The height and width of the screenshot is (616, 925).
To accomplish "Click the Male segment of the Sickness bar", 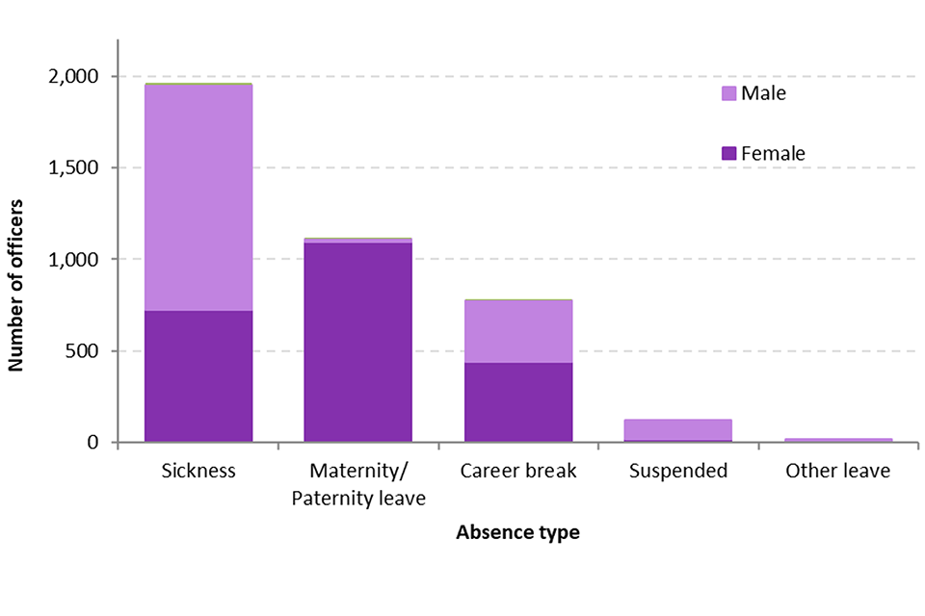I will [198, 197].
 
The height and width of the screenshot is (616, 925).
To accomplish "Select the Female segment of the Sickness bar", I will [198, 376].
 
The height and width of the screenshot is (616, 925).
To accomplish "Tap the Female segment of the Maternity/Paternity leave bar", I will [358, 342].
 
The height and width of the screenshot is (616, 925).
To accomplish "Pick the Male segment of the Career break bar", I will [518, 331].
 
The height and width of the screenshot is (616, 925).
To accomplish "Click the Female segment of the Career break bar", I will [518, 402].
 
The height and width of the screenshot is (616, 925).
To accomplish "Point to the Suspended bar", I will [678, 430].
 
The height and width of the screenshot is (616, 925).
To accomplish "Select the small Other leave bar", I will [838, 440].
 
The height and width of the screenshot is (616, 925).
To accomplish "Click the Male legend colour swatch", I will [729, 93].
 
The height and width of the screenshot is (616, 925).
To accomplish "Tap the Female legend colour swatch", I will [729, 153].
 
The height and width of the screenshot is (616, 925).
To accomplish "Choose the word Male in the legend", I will [763, 93].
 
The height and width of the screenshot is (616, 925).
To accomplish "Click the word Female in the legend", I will [773, 153].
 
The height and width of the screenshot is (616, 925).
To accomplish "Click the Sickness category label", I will [198, 472].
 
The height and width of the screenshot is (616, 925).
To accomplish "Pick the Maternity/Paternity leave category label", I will [358, 484].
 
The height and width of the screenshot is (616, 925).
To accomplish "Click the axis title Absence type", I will [517, 532].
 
